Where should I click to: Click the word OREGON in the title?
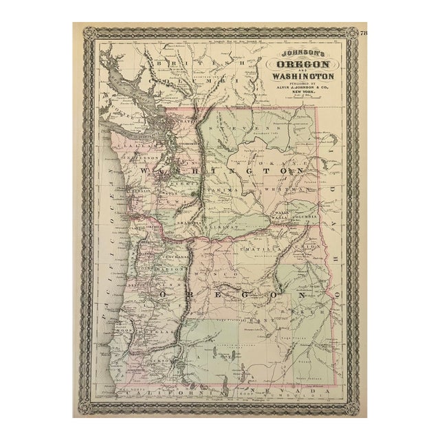click(302, 65)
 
